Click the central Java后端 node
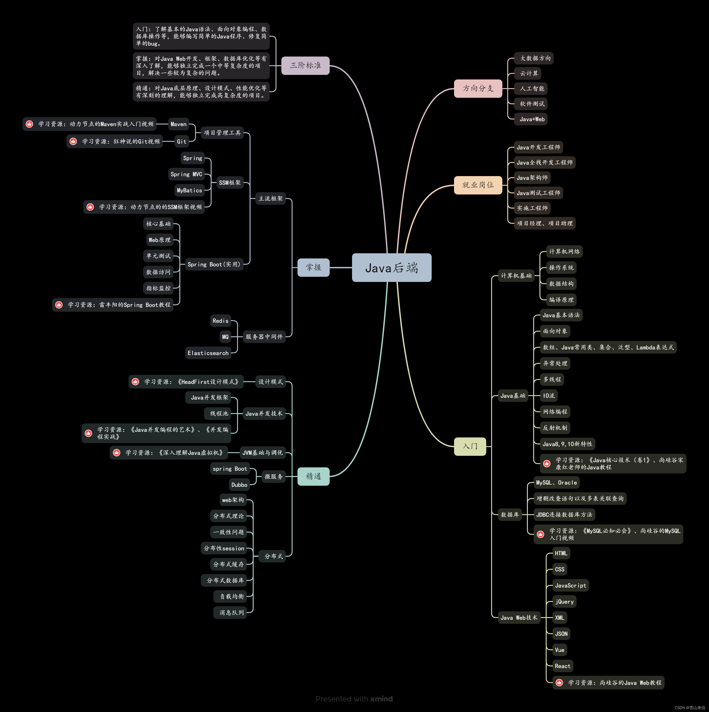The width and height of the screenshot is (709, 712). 391,268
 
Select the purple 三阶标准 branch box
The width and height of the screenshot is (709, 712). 305,66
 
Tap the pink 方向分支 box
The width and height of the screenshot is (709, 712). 478,88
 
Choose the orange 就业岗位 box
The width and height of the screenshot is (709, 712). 478,185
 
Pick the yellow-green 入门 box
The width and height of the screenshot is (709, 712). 470,446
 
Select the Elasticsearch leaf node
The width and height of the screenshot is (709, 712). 208,353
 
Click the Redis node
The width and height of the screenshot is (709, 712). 220,321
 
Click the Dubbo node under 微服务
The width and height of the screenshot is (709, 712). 239,485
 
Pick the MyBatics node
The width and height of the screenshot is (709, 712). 189,190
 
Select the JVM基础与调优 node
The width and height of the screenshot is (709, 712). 262,453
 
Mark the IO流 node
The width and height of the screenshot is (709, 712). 548,396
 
